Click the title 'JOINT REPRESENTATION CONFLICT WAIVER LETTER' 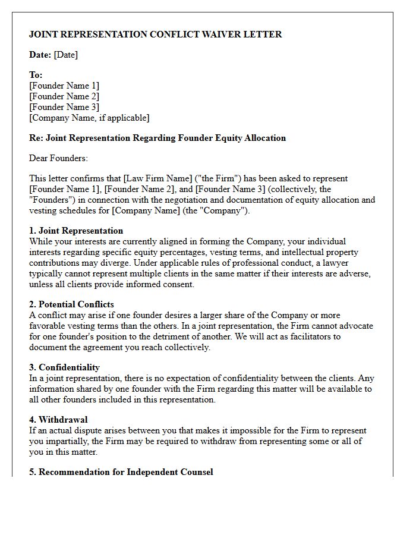click(155, 34)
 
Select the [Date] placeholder click(65, 55)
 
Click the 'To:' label click(36, 75)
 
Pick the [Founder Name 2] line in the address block click(64, 96)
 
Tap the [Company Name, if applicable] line click(89, 118)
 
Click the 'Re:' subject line click(157, 138)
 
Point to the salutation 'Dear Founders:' click(58, 158)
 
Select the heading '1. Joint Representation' click(76, 231)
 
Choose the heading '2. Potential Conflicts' click(71, 304)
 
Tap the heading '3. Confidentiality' click(64, 367)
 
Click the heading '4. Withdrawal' click(58, 420)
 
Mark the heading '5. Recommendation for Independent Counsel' click(121, 472)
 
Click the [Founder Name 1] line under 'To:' click(64, 86)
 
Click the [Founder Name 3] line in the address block click(64, 107)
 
